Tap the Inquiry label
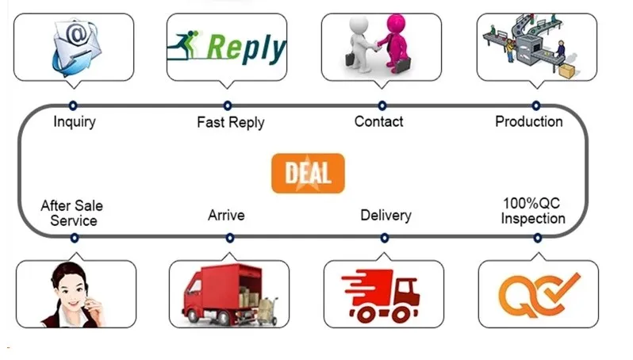[75, 122]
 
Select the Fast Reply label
[230, 122]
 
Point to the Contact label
[378, 121]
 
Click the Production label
[528, 121]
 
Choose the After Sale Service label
[72, 213]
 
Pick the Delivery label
[386, 215]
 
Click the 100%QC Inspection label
[533, 211]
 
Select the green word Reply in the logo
[245, 48]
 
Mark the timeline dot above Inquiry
[73, 105]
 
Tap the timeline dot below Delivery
[384, 237]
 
